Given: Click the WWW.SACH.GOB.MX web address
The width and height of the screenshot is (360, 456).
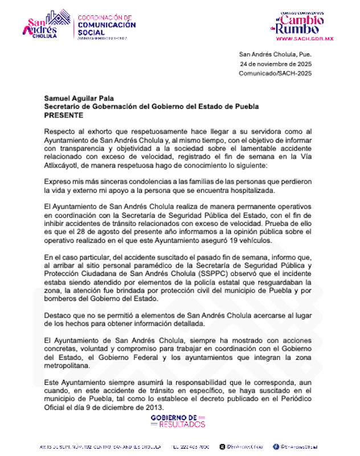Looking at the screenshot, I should point(304,39).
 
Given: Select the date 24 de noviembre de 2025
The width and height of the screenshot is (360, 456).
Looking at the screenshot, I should point(275,64).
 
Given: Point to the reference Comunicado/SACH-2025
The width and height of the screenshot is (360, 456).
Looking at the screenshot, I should point(275,74).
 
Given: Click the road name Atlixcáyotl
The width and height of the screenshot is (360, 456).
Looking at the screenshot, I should point(63,166).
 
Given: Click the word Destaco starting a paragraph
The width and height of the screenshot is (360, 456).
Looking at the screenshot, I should point(58,315).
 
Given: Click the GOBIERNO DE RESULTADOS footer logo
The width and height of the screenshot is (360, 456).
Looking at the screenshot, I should point(178,421).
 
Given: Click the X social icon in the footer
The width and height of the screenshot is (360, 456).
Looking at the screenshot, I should point(276,446).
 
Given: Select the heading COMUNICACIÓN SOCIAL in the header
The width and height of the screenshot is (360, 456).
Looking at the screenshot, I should point(107,28).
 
